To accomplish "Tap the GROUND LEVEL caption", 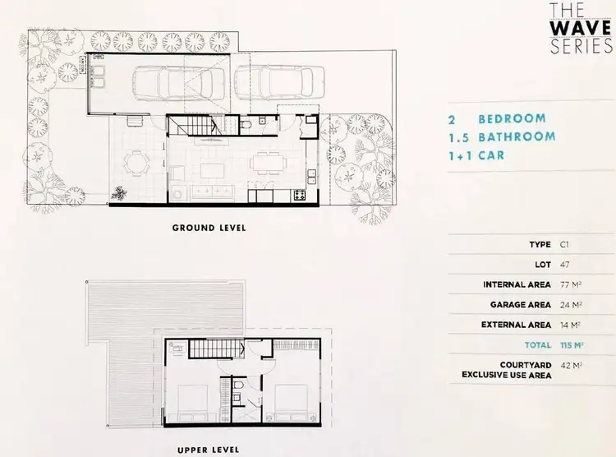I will tap(208, 227).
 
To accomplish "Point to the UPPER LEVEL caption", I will tap(208, 450).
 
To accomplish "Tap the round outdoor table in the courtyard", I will tap(136, 162).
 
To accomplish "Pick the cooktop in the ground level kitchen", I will tap(297, 196).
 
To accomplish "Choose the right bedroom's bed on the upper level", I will tap(288, 400).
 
